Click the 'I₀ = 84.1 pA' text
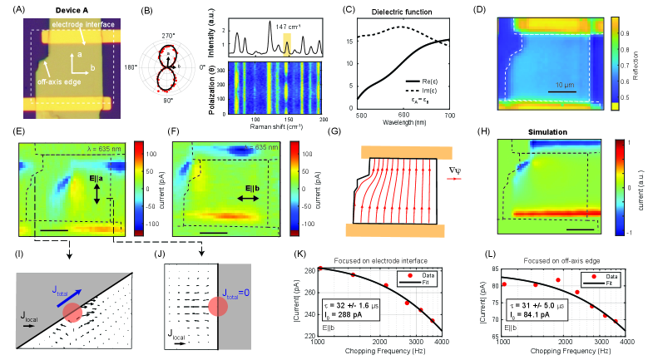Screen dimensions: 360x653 (x=522, y=314)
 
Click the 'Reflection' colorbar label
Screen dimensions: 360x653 (x=643, y=57)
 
